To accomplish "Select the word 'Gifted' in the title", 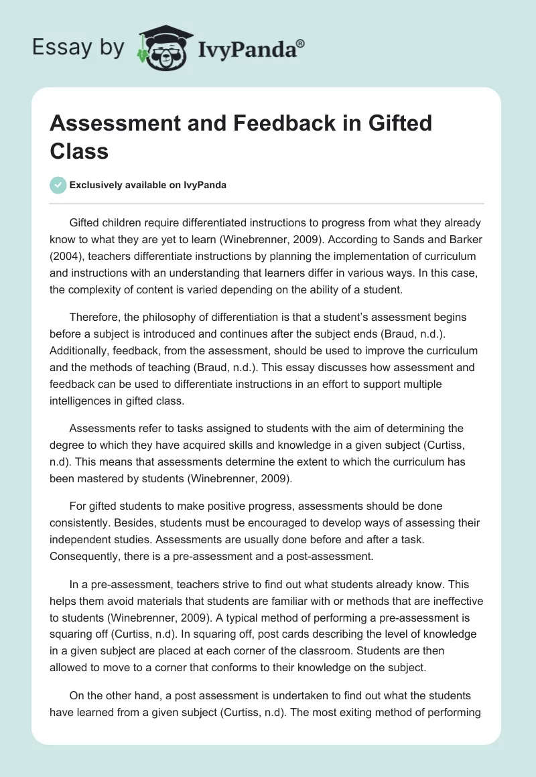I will coord(395,123).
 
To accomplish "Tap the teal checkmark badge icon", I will coord(58,186).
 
